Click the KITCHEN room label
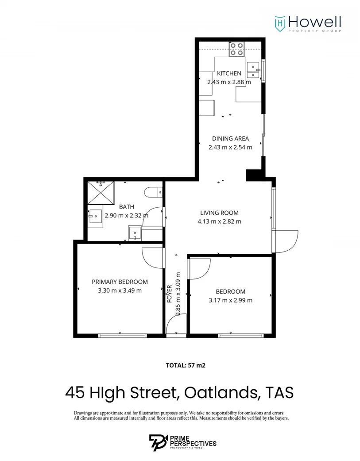click(229, 74)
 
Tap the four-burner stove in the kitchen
click(236, 49)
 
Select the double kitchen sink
click(253, 71)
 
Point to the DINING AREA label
click(230, 139)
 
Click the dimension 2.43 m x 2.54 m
click(230, 147)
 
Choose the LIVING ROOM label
click(219, 213)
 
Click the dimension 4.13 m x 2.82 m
click(219, 221)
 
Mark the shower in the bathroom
click(101, 191)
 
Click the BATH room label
click(126, 207)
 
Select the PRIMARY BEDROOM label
click(120, 282)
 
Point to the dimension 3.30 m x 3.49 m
click(120, 291)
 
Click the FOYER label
click(169, 293)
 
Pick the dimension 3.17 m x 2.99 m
click(230, 300)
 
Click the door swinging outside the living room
click(286, 241)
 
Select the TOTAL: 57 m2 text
click(186, 365)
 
